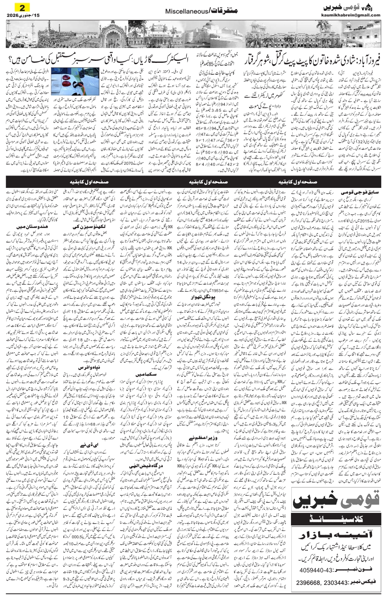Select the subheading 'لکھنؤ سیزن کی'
click(83, 227)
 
